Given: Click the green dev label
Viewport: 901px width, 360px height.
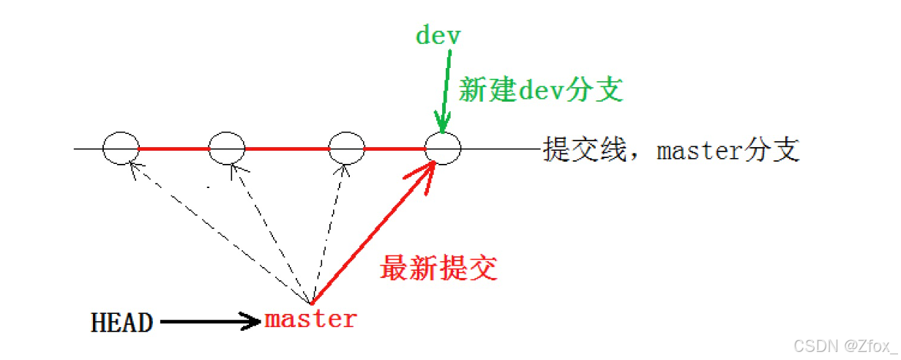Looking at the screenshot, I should (438, 35).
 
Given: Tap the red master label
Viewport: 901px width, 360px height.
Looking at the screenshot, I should (310, 319).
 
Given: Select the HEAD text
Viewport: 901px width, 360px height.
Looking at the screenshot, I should (121, 322).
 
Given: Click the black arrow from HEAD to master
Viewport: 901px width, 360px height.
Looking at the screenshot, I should (209, 321).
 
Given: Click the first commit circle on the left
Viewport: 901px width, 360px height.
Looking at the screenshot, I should (120, 149).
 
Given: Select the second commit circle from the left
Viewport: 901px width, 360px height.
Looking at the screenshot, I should (227, 149).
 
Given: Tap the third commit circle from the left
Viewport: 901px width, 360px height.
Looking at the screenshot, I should (347, 149).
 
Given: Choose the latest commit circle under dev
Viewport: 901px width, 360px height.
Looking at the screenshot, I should (444, 149).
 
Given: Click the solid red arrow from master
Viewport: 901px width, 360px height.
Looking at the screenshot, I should (373, 234).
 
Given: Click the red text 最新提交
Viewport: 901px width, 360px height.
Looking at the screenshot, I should (438, 269).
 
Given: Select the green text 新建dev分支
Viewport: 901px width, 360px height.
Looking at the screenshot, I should (540, 90).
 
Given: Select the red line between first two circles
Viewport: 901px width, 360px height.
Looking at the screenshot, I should (173, 149).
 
